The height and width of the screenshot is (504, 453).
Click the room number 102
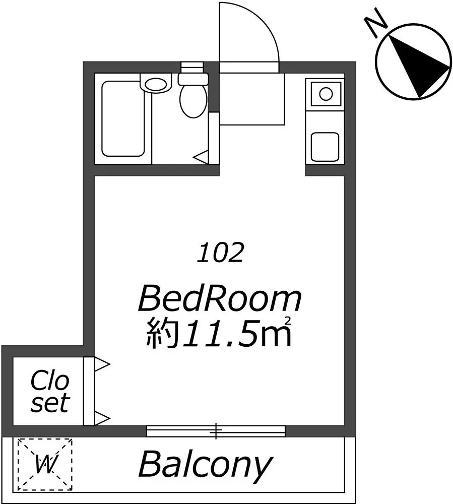pyautogui.click(x=221, y=253)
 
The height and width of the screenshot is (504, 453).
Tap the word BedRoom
pyautogui.click(x=220, y=299)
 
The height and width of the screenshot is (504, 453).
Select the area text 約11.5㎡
pyautogui.click(x=220, y=333)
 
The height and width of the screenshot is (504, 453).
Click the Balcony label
pyautogui.click(x=205, y=465)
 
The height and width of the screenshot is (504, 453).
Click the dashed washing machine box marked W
pyautogui.click(x=45, y=464)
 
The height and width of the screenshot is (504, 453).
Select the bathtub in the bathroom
pyautogui.click(x=124, y=119)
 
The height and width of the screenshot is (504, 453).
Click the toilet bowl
pyautogui.click(x=192, y=99)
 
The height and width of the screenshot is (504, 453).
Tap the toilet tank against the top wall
pyautogui.click(x=193, y=78)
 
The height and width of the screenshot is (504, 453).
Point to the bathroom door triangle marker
pyautogui.click(x=202, y=158)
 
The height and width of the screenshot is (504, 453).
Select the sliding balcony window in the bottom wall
pyautogui.click(x=216, y=431)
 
